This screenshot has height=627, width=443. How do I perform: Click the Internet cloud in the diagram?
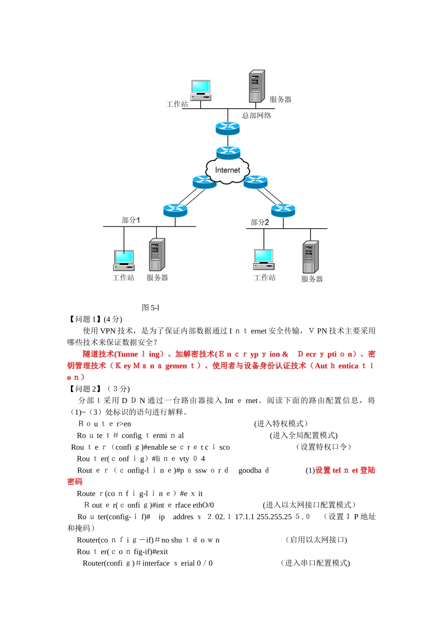pyautogui.click(x=228, y=170)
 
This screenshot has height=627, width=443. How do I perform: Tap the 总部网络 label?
pyautogui.click(x=256, y=115)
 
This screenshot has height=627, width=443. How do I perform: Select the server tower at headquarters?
pyautogui.click(x=256, y=86)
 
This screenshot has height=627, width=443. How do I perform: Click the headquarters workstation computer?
pyautogui.click(x=201, y=90)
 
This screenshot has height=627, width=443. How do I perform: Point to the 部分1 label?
pyautogui.click(x=131, y=220)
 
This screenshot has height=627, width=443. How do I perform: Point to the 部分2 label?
pyautogui.click(x=260, y=222)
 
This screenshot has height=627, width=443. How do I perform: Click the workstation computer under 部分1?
pyautogui.click(x=124, y=260)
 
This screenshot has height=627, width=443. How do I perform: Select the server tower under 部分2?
pyautogui.click(x=310, y=257)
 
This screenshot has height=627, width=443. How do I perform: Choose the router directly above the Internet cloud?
pyautogui.click(x=228, y=152)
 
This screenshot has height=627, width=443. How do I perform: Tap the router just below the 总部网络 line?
pyautogui.click(x=228, y=127)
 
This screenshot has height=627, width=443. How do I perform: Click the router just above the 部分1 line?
pyautogui.click(x=175, y=210)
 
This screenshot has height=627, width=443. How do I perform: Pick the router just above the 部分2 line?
pyautogui.click(x=283, y=210)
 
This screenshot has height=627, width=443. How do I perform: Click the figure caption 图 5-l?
pyautogui.click(x=151, y=307)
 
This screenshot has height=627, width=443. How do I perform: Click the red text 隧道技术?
pyautogui.click(x=98, y=354)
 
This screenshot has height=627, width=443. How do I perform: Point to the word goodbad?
pyautogui.click(x=254, y=470)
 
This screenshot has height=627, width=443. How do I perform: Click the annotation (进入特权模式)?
pyautogui.click(x=281, y=424)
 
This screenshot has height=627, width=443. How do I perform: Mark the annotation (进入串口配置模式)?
pyautogui.click(x=315, y=563)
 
